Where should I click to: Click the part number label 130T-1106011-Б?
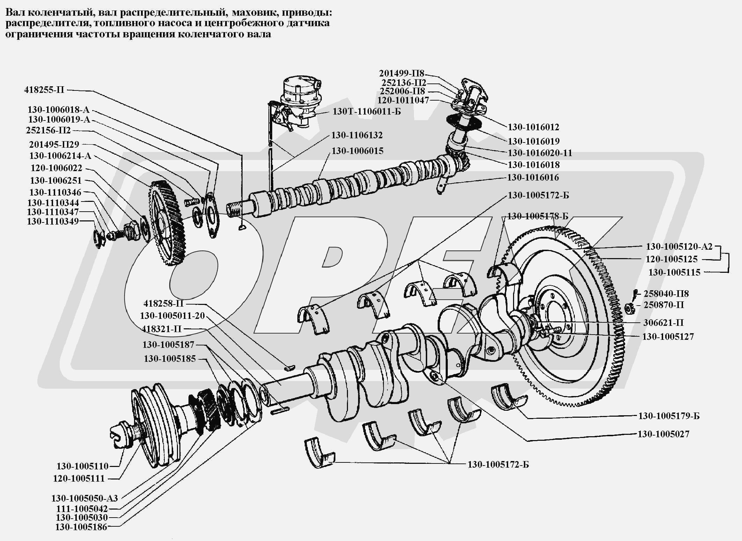[366, 112]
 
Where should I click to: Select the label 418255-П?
[44, 90]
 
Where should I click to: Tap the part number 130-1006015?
[357, 151]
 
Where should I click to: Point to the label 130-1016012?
[533, 127]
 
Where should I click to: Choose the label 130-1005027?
[663, 434]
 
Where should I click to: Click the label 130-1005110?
[83, 466]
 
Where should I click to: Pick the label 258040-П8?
[666, 294]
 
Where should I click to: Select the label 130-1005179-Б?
[669, 416]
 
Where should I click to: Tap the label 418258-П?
[163, 303]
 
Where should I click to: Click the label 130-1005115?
[674, 272]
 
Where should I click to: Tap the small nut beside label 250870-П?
[629, 308]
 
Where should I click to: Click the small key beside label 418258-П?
[289, 367]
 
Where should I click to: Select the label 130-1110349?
[53, 221]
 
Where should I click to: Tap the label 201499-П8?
[402, 73]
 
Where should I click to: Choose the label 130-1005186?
[81, 527]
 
